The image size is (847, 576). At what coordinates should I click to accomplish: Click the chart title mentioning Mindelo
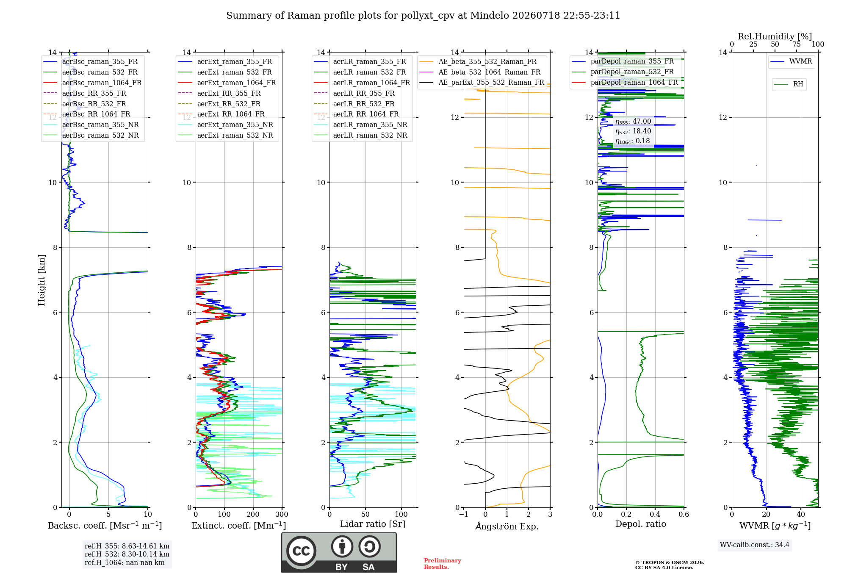[423, 16]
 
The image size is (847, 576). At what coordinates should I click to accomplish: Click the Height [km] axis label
[42, 280]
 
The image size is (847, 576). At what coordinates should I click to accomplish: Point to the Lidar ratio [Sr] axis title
[373, 524]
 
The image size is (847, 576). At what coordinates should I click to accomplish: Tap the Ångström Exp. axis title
[507, 526]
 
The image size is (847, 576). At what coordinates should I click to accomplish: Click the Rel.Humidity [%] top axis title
[775, 36]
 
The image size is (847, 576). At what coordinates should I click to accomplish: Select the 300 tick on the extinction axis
[282, 514]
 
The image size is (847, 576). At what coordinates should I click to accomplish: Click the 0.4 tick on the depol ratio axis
[655, 514]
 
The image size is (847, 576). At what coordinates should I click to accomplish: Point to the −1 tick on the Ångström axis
[464, 514]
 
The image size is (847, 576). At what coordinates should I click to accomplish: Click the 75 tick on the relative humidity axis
[797, 44]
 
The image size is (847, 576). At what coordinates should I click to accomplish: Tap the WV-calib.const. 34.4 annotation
[755, 545]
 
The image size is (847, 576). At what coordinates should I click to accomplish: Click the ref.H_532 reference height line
[127, 554]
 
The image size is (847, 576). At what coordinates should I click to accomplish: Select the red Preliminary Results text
[443, 564]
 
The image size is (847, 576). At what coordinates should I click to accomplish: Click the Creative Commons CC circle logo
[301, 551]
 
